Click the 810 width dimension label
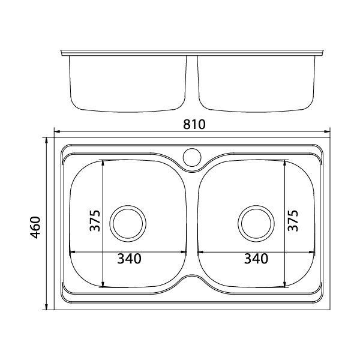pyautogui.click(x=194, y=124)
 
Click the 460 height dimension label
pyautogui.click(x=35, y=227)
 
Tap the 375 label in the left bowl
pyautogui.click(x=95, y=221)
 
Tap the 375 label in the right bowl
pyautogui.click(x=293, y=221)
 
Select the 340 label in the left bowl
pyautogui.click(x=129, y=259)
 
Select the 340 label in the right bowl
pyautogui.click(x=256, y=259)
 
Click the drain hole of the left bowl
pyautogui.click(x=128, y=224)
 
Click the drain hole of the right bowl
pyautogui.click(x=256, y=224)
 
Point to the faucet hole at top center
pyautogui.click(x=192, y=157)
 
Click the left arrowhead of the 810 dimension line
pyautogui.click(x=57, y=131)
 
